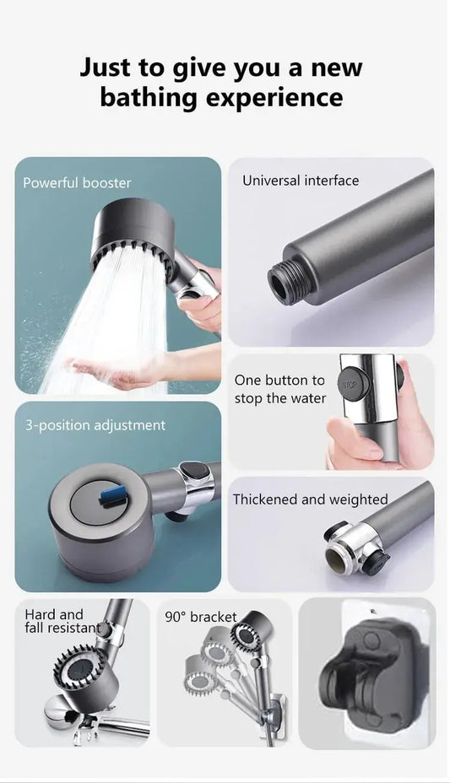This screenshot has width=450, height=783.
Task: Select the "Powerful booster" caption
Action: pos(77,183)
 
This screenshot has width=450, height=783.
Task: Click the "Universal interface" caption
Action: pos(301,181)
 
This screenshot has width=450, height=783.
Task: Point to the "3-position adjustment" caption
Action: pos(95,425)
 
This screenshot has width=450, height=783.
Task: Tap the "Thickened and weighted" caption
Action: pos(310,499)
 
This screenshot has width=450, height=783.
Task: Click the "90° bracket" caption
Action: pos(201,618)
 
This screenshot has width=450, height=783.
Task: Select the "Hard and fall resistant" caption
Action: pos(63,621)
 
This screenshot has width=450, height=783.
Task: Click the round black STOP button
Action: pos(354,385)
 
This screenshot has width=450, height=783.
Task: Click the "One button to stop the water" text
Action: pos(279,390)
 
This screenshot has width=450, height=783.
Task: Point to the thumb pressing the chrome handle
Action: pos(353,440)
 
